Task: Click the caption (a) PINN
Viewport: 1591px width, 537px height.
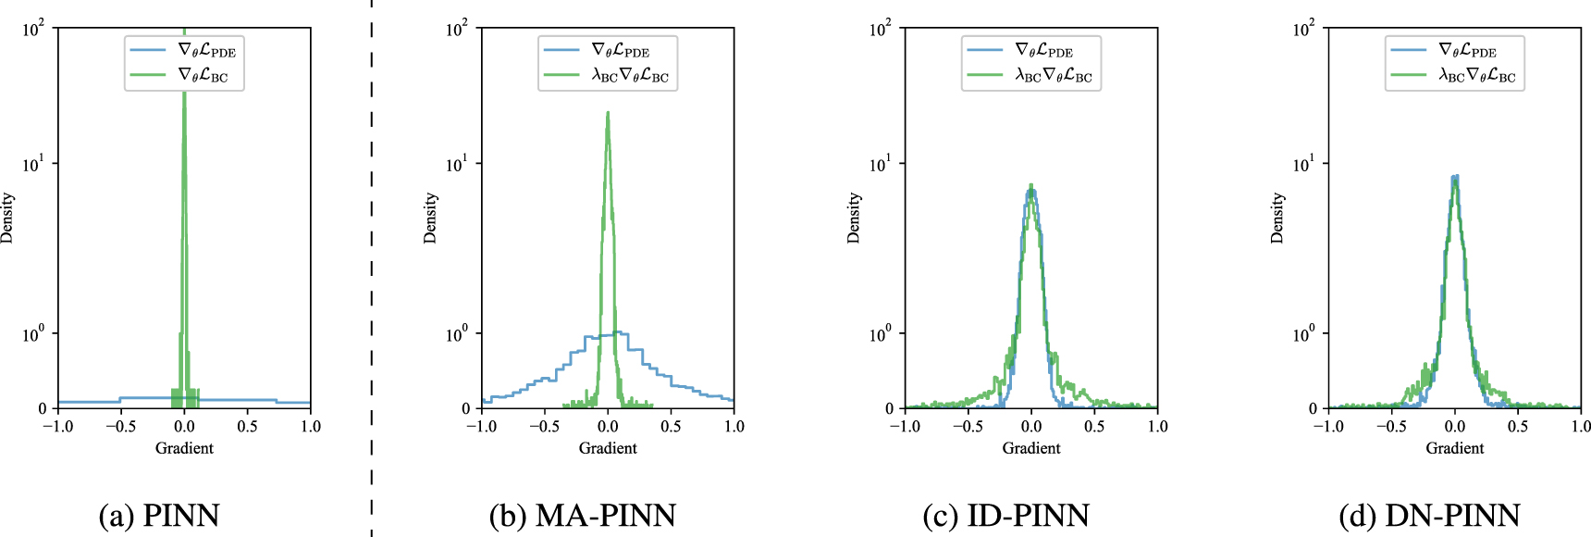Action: [159, 515]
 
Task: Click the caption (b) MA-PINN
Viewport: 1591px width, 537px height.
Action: [582, 515]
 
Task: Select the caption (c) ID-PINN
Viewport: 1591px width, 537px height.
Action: [1005, 515]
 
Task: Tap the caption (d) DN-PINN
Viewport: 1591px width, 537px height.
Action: [1429, 515]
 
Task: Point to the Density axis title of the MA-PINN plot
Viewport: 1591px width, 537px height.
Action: [430, 219]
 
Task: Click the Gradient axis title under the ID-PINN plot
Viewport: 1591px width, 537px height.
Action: [1031, 448]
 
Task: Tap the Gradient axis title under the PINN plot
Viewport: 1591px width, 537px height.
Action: [184, 448]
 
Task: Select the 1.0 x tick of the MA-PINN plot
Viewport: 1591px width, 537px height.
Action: [734, 427]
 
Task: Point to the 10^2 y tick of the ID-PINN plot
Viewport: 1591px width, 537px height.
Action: [880, 30]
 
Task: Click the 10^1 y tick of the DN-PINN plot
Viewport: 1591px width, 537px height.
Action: [1303, 165]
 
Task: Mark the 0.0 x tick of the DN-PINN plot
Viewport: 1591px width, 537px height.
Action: [1455, 427]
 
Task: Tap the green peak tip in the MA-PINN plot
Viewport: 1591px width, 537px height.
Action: [608, 113]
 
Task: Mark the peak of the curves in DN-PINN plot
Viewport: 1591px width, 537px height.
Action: [1455, 177]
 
